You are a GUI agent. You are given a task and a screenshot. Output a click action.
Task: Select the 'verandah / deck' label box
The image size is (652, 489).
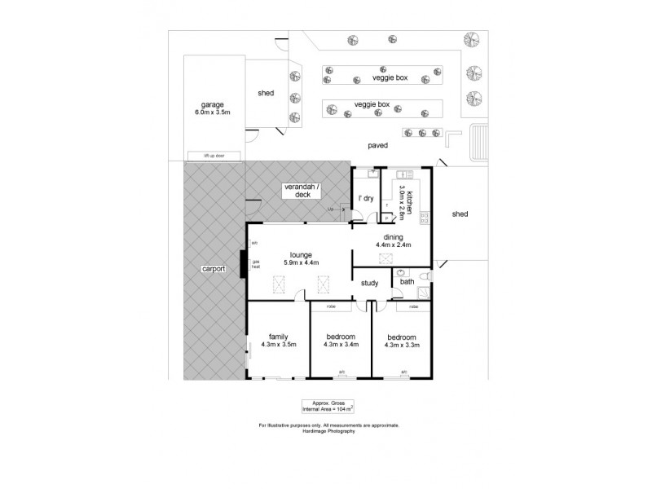coord(302,191)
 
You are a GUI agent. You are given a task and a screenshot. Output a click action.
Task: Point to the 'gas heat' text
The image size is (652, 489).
coord(255,264)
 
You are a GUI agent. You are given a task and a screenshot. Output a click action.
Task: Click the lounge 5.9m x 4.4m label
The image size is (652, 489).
coord(301,258)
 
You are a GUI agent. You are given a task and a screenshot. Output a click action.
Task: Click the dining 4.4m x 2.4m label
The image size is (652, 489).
coord(393,240)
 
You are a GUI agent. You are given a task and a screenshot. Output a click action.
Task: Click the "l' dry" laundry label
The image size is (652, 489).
coord(366,198)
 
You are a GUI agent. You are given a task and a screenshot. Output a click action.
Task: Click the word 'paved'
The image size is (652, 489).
coord(377,145)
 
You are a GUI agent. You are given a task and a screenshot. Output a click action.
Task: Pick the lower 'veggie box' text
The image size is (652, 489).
coord(372,105)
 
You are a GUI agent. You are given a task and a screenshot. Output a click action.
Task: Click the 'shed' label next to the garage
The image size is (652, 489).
coord(265,94)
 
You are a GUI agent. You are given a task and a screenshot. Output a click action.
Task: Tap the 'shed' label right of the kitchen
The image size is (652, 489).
coord(460,214)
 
